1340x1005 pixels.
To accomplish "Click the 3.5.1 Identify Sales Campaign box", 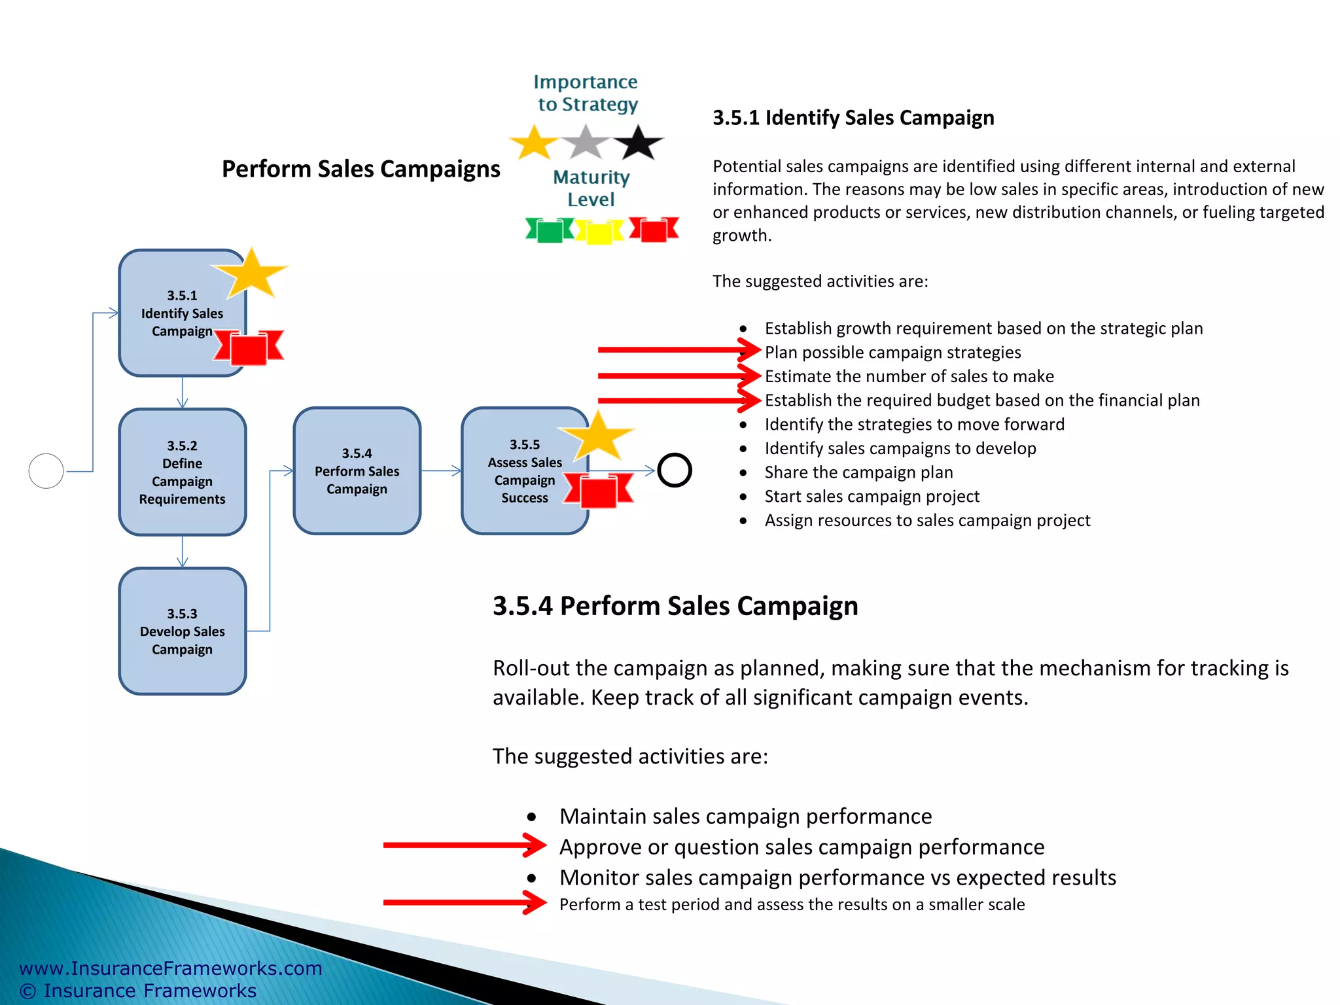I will pyautogui.click(x=177, y=313).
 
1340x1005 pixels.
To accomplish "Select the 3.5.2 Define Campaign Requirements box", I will pyautogui.click(x=182, y=472).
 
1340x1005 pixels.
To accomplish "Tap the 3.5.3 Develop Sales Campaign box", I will pyautogui.click(x=182, y=631).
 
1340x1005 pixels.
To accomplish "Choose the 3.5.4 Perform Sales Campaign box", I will pyautogui.click(x=357, y=471).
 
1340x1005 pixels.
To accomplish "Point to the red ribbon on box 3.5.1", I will pyautogui.click(x=249, y=346).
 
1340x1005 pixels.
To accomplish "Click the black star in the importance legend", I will pyautogui.click(x=638, y=143).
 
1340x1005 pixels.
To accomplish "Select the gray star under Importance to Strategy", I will pyautogui.click(x=586, y=143).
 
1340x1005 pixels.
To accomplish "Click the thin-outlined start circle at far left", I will pyautogui.click(x=46, y=471).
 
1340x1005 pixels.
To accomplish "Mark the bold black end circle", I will pyautogui.click(x=674, y=470).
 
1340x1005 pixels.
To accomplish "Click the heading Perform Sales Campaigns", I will pyautogui.click(x=361, y=169).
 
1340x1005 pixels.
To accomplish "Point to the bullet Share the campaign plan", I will pyautogui.click(x=858, y=472).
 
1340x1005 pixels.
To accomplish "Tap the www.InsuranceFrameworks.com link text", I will pyautogui.click(x=171, y=968).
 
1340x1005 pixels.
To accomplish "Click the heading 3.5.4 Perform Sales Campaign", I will pyautogui.click(x=675, y=606).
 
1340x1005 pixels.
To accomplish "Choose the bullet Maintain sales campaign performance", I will pyautogui.click(x=745, y=817).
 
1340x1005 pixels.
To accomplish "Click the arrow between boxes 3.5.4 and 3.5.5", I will pyautogui.click(x=441, y=470).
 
